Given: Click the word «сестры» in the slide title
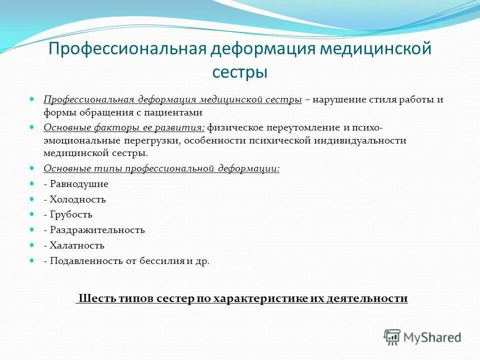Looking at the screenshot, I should [x=239, y=71].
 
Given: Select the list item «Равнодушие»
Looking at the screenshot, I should [x=79, y=184].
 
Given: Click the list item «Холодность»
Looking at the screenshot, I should [x=78, y=199].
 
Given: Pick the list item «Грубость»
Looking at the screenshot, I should [x=71, y=214].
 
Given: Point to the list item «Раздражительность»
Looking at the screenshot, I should [x=97, y=230].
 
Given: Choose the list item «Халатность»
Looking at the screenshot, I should [x=77, y=245].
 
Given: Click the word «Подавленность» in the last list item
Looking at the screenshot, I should [x=82, y=261].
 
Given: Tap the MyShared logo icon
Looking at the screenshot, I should [x=392, y=337].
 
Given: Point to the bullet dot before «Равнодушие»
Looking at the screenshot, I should [x=32, y=184].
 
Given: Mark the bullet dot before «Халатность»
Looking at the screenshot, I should [x=32, y=245].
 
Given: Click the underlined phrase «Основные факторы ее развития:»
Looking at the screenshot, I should [x=124, y=127].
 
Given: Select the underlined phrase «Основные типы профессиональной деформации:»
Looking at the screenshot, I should [x=161, y=169].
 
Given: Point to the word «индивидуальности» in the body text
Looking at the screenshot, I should [x=360, y=140].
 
